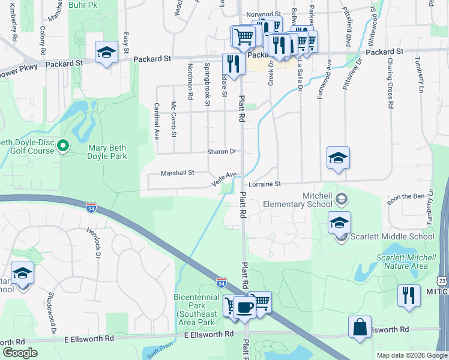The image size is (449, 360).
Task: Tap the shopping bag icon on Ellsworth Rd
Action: (360, 328)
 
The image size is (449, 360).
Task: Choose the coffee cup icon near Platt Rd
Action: (244, 308)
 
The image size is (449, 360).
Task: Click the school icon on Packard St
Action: (106, 52)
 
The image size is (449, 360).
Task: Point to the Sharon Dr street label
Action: (222, 152)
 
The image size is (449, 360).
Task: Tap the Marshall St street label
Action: (178, 173)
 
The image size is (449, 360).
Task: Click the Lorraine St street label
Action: (265, 184)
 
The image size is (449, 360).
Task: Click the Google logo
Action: (20, 353)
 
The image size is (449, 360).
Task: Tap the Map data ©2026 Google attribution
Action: (411, 355)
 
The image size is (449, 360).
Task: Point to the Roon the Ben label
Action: (405, 196)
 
